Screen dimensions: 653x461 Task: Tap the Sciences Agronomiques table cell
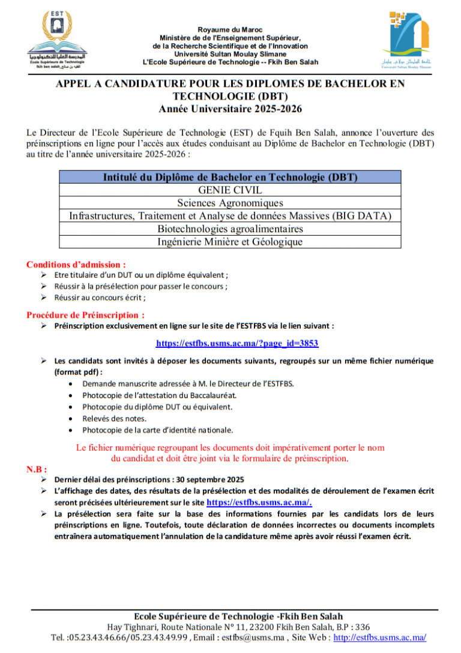[230, 203]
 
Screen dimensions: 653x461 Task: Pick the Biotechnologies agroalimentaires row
[230, 229]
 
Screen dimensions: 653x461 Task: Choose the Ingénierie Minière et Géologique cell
[230, 242]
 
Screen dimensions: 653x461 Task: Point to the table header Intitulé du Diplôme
[230, 177]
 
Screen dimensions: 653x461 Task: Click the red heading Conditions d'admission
[76, 264]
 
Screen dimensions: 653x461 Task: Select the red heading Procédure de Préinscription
[85, 315]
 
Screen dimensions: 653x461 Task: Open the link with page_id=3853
[237, 344]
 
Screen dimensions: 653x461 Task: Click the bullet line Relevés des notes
[106, 419]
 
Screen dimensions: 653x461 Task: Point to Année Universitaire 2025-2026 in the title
[230, 109]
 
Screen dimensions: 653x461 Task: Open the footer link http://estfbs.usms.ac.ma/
[379, 637]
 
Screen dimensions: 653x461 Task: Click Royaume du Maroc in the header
[230, 29]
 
